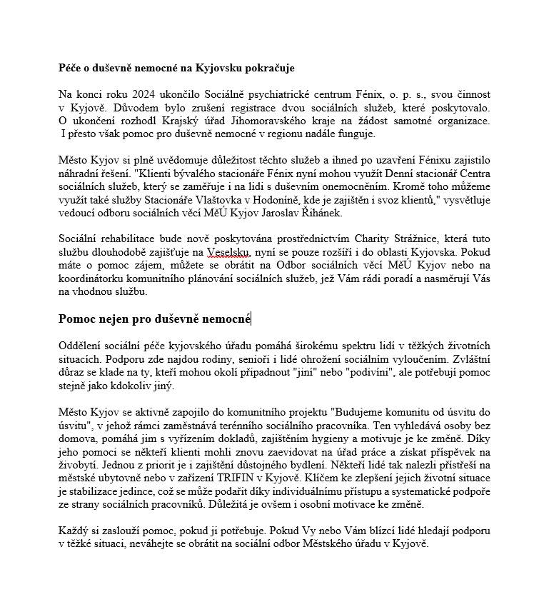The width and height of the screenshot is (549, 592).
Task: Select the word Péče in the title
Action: pos(69,68)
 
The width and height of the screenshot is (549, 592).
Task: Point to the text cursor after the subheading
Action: pos(251,319)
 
